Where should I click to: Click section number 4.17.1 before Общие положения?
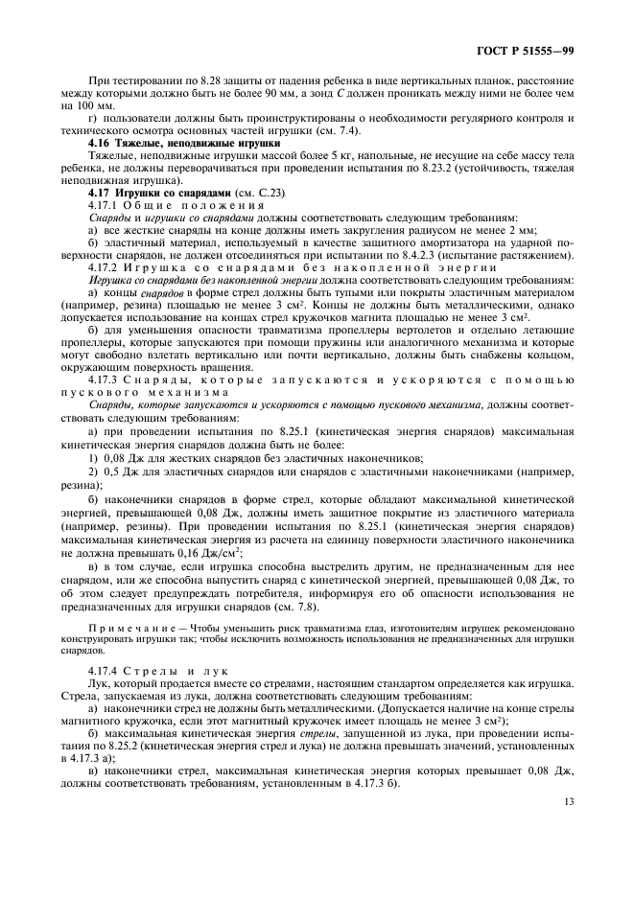(103, 206)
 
